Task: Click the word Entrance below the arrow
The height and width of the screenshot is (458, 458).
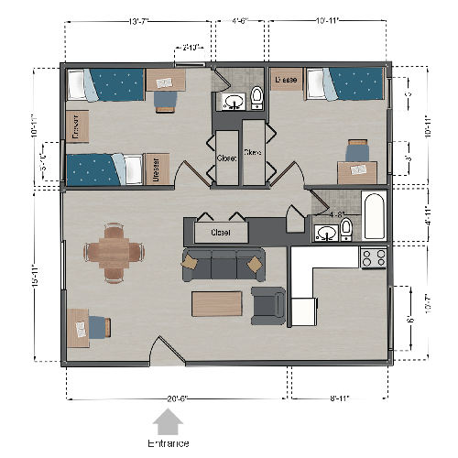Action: tap(169, 443)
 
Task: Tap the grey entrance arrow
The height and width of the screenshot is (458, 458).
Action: tap(169, 422)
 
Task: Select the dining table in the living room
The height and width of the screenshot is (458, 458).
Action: tap(114, 248)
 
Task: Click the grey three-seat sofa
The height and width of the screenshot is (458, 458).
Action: tap(224, 264)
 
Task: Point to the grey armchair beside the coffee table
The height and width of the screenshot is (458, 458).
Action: tap(267, 306)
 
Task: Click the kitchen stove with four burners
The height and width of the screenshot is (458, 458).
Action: tap(373, 257)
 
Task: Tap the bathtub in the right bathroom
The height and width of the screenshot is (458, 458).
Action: tap(376, 216)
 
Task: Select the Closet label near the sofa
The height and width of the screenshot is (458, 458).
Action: tap(220, 233)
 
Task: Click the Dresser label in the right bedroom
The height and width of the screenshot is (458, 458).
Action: tap(287, 81)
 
